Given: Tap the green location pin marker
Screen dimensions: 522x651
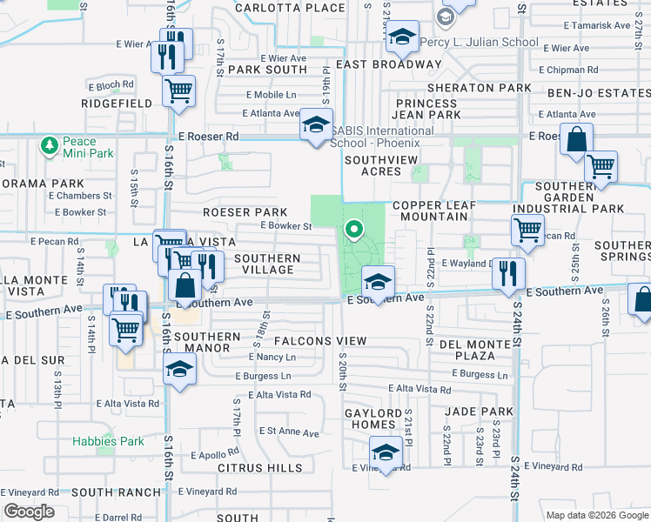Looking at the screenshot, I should click(354, 230).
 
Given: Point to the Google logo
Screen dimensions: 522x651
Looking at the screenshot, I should click(29, 512).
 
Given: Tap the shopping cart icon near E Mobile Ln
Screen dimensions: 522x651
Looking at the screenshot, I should click(178, 90).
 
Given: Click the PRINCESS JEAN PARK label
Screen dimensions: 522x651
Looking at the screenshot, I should click(426, 109).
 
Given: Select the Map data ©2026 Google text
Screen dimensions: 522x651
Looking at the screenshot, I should click(596, 515).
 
